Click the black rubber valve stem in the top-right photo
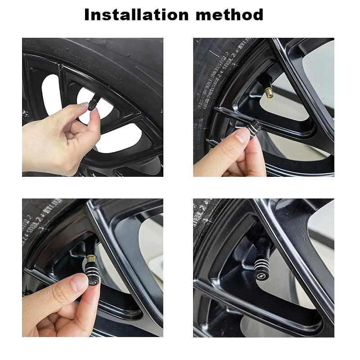[x=262, y=83]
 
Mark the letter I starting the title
[x=87, y=15]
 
